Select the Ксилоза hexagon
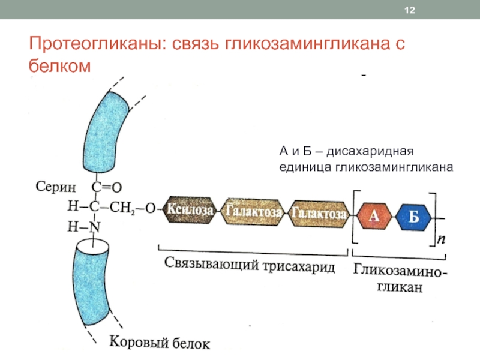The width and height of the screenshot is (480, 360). (190, 211)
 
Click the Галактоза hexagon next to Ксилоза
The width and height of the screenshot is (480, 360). (253, 211)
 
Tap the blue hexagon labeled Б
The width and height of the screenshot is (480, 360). (414, 217)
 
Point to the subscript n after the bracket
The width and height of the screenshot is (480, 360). (441, 239)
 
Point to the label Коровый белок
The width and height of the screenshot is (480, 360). (160, 344)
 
